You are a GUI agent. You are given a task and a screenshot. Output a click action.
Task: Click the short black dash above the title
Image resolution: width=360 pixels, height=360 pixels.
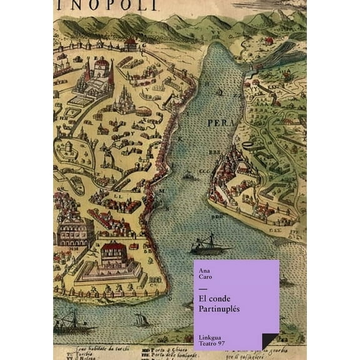coord(202,288)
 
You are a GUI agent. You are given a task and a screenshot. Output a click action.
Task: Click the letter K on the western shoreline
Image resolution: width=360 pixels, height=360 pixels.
coord(179,137)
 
